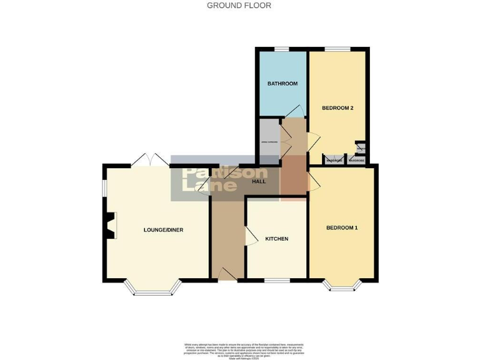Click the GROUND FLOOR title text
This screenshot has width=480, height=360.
(239, 6)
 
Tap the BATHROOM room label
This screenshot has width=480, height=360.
(282, 84)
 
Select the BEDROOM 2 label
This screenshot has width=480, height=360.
(337, 108)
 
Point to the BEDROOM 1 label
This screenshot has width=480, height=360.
(342, 227)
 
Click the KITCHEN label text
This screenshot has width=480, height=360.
(276, 239)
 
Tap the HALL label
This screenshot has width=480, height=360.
(258, 181)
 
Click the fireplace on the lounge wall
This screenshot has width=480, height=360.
(109, 226)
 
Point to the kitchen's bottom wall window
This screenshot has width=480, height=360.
(277, 280)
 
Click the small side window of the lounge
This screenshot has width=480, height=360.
(104, 188)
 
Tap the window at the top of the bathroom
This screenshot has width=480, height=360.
(282, 49)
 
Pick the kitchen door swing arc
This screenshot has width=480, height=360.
(251, 236)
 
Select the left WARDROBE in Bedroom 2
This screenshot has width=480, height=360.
(334, 160)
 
